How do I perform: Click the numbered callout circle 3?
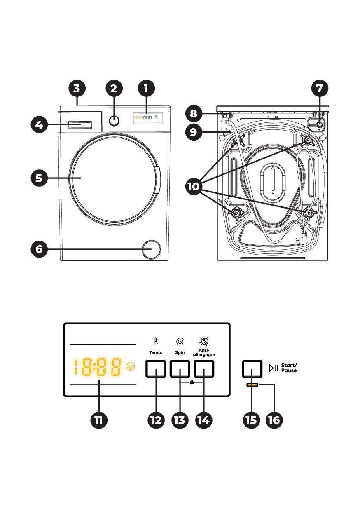coord(77,89)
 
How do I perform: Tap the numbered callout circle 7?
coord(320,89)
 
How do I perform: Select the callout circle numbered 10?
coord(194,187)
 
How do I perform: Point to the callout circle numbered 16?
coord(274,420)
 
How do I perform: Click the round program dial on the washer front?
coord(114,120)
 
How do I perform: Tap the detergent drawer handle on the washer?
coord(79,125)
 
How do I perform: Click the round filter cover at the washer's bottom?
coord(151,249)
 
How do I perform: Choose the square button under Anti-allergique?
coord(204,369)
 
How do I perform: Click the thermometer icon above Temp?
coord(156,341)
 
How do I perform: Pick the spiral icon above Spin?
coord(180,342)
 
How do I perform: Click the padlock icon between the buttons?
coord(192,382)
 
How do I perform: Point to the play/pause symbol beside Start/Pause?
coord(274,368)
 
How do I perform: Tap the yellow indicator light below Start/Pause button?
coord(252,385)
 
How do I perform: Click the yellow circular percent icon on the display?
coord(131,367)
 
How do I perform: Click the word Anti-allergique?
coord(204,352)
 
